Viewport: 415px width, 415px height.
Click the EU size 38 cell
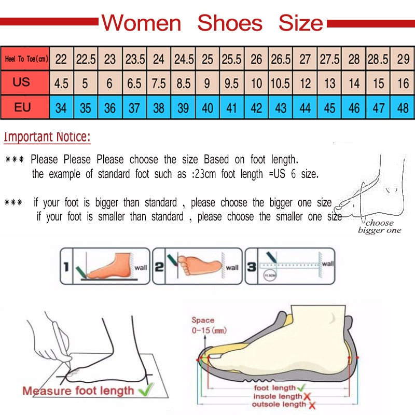click(159, 108)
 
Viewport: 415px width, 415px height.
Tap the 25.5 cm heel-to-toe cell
click(232, 60)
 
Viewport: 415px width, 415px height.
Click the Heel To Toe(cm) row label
click(26, 60)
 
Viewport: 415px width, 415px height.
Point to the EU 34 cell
click(61, 108)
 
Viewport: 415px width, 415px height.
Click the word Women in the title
click(141, 23)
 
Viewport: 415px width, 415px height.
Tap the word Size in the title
click(300, 23)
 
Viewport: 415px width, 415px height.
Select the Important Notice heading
click(47, 137)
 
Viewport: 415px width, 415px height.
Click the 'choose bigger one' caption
click(380, 227)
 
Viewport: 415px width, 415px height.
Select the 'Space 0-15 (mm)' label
click(208, 325)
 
